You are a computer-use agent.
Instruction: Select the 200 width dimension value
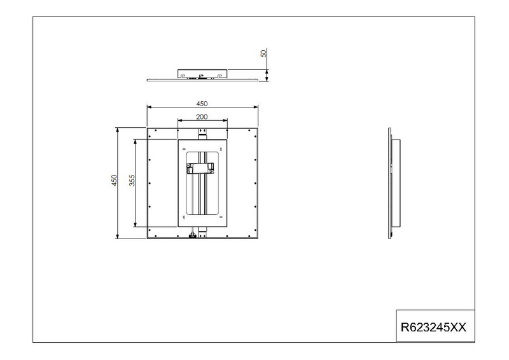[x=202, y=118]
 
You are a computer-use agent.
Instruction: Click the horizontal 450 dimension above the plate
[x=202, y=104]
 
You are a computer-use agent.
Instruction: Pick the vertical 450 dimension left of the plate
[x=115, y=181]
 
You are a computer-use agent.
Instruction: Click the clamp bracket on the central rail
[x=200, y=168]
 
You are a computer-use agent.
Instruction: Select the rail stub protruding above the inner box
[x=202, y=134]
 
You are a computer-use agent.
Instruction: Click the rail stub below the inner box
[x=202, y=230]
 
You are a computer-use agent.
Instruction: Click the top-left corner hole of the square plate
[x=150, y=130]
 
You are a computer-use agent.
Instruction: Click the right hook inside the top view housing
[x=220, y=76]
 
